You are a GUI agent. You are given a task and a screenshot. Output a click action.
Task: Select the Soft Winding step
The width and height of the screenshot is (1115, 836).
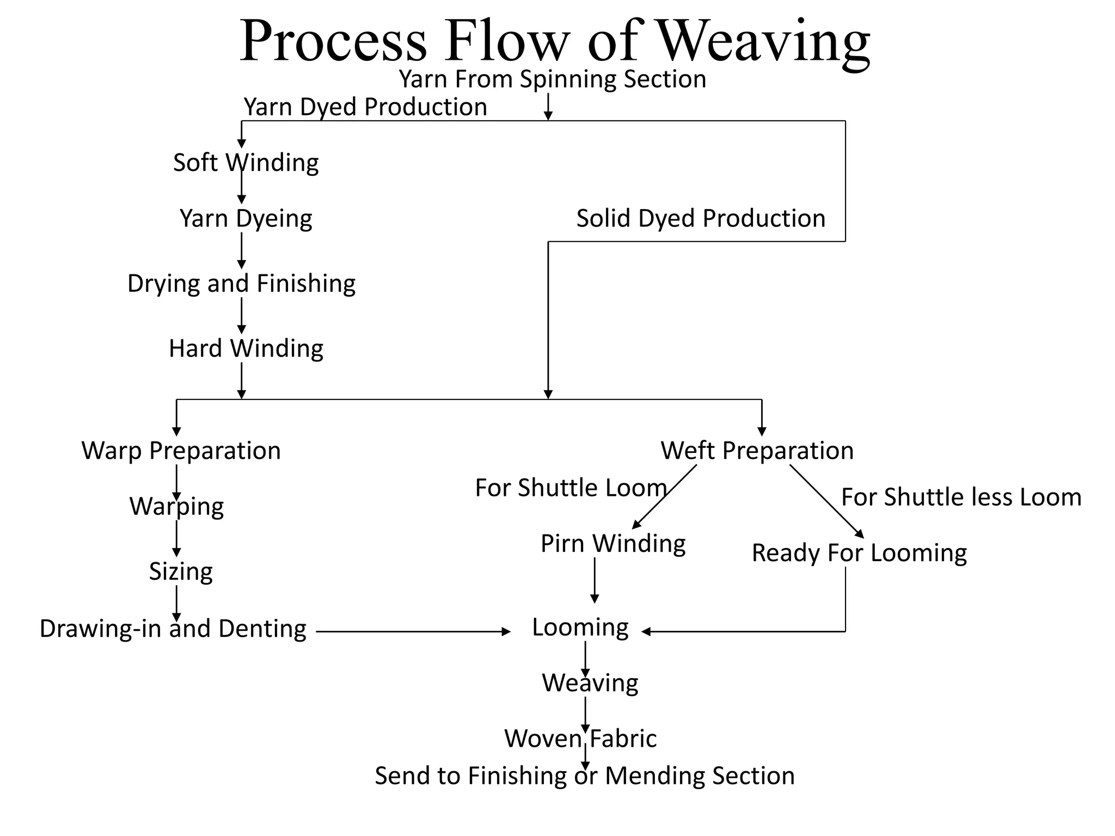pyautogui.click(x=246, y=162)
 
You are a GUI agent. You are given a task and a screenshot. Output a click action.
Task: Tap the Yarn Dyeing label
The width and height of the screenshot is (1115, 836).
pyautogui.click(x=246, y=218)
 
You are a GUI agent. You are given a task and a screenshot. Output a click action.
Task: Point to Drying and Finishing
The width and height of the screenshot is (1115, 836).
pyautogui.click(x=241, y=284)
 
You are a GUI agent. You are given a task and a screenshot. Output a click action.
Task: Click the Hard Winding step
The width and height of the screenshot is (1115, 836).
pyautogui.click(x=246, y=348)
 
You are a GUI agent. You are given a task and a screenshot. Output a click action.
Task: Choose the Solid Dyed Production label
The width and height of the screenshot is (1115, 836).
pyautogui.click(x=701, y=218)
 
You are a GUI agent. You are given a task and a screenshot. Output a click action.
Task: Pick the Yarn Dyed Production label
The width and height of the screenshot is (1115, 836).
pyautogui.click(x=365, y=107)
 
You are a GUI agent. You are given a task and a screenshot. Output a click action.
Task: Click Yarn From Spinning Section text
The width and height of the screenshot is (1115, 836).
pyautogui.click(x=552, y=79)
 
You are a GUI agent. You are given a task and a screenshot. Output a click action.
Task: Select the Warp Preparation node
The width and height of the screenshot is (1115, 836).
pyautogui.click(x=181, y=451)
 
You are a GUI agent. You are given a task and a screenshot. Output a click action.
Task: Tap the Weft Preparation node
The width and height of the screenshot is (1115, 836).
pyautogui.click(x=757, y=451)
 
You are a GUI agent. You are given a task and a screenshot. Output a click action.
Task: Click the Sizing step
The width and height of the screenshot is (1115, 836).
pyautogui.click(x=181, y=571)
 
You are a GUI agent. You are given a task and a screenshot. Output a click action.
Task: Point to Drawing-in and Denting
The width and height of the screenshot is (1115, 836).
pyautogui.click(x=173, y=629)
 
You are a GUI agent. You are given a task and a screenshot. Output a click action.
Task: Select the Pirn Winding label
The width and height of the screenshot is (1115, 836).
pyautogui.click(x=613, y=543)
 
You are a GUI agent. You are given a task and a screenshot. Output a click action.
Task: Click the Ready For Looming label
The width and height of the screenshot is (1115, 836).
pyautogui.click(x=859, y=553)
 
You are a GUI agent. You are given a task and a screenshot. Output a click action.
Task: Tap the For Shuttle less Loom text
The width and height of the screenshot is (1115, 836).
pyautogui.click(x=961, y=497)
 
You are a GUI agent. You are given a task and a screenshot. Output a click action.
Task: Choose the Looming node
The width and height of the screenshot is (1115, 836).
pyautogui.click(x=580, y=628)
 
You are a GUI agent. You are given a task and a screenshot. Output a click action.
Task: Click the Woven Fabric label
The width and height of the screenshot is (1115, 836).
pyautogui.click(x=580, y=739)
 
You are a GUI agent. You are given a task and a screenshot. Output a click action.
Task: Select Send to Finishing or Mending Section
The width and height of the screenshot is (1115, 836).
pyautogui.click(x=585, y=776)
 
